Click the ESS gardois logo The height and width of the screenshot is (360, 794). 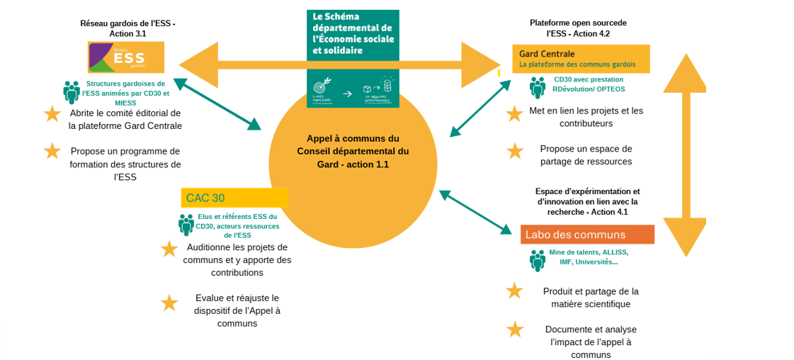point(126,57)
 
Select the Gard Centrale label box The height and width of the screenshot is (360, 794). point(580,59)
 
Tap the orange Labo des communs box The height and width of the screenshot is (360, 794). point(587,235)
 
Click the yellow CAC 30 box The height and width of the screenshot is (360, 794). point(234,198)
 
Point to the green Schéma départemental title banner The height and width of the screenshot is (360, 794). point(353,35)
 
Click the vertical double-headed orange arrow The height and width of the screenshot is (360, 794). point(685,154)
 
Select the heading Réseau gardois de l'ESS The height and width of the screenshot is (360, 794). point(127,28)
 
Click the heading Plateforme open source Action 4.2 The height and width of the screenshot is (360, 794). point(578,28)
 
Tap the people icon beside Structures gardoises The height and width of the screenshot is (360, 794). point(72,92)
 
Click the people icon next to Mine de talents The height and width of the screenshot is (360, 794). point(538,260)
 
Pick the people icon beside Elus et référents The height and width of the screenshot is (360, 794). point(186,225)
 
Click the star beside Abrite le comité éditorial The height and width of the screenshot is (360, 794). point(52,113)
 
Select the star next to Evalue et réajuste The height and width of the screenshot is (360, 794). point(169,303)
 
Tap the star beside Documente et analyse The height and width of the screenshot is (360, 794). point(515,329)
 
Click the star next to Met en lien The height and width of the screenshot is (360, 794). point(515,113)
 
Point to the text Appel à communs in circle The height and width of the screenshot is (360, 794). point(353,151)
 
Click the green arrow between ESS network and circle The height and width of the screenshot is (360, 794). point(217,103)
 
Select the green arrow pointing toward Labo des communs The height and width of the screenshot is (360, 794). point(475,211)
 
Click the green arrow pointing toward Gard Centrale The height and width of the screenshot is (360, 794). point(480,108)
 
